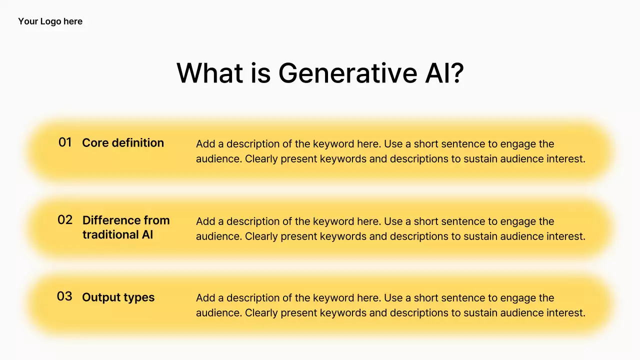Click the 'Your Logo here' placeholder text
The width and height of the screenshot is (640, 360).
[50, 21]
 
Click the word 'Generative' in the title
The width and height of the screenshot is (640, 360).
[347, 73]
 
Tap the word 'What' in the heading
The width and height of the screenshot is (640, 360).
[209, 73]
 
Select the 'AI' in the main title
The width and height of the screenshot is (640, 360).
[437, 73]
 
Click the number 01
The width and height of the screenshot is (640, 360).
[65, 142]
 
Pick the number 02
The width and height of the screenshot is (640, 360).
[65, 219]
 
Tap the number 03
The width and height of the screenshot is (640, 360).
[64, 296]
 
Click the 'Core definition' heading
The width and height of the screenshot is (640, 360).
[123, 143]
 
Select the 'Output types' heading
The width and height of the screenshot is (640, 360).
[118, 297]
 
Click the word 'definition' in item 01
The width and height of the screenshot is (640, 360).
[138, 143]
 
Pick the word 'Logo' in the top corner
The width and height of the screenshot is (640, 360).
[50, 21]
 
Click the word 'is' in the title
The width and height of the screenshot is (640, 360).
[260, 73]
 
